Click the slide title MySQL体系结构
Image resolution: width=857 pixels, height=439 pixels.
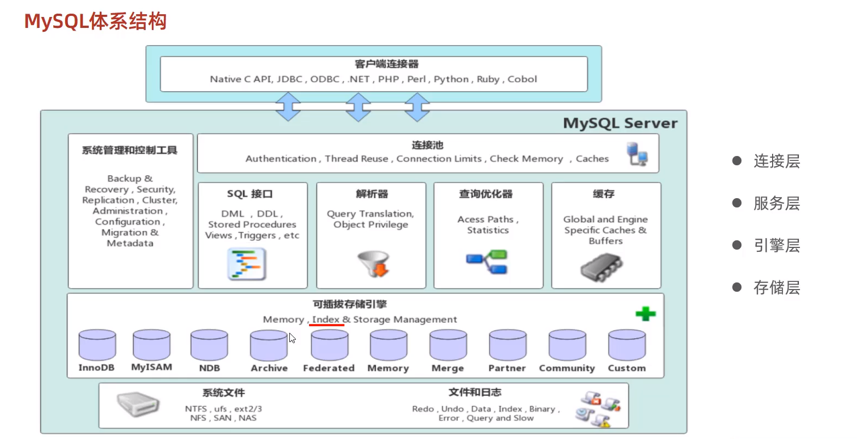click(x=95, y=21)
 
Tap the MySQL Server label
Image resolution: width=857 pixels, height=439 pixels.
click(x=620, y=123)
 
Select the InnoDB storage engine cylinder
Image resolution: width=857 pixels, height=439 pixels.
click(x=97, y=345)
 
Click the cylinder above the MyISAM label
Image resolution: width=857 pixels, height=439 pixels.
click(x=152, y=345)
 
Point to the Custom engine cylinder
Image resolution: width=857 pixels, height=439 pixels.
click(x=627, y=345)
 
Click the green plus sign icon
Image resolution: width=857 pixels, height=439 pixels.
click(x=645, y=314)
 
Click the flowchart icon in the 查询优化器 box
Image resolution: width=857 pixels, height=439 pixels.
click(x=487, y=262)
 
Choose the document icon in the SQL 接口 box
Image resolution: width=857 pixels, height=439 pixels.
click(x=247, y=264)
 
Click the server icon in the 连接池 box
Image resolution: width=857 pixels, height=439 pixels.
click(x=637, y=153)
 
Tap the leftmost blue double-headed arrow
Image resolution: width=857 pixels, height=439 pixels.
click(x=288, y=106)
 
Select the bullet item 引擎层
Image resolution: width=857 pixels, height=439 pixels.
click(x=776, y=245)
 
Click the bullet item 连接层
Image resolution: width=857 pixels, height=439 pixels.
click(x=776, y=161)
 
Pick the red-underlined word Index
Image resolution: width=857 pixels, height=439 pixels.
click(x=326, y=319)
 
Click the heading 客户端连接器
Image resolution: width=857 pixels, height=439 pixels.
click(x=386, y=64)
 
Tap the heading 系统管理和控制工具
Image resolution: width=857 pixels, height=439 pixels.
click(x=130, y=150)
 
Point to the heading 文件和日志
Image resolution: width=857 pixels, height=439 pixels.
click(x=475, y=392)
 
